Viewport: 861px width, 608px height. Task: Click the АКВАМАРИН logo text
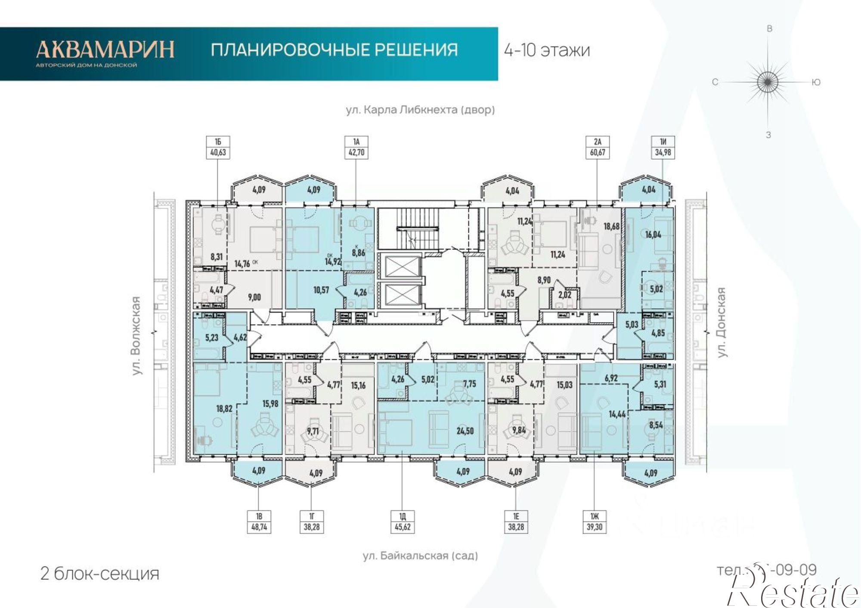105,49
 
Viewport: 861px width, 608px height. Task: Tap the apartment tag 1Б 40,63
218,148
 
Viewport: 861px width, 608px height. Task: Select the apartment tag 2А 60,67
598,148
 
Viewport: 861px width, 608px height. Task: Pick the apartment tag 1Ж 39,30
594,522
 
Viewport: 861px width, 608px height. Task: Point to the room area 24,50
465,430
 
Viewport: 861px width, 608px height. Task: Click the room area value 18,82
224,408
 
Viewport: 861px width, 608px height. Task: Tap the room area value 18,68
611,226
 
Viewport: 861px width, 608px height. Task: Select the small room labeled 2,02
564,295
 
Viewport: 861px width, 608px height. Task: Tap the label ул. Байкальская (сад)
420,556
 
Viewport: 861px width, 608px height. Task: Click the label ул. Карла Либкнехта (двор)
420,110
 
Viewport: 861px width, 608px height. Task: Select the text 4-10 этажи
547,50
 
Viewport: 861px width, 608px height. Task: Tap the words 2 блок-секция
99,574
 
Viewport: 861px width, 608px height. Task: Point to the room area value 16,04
653,235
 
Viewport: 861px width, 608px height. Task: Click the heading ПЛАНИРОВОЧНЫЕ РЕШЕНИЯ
334,50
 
